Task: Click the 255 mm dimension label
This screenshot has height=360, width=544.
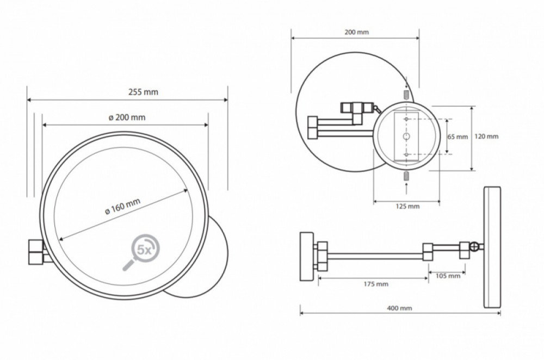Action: point(143,92)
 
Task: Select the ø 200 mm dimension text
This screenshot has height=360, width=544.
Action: point(127,117)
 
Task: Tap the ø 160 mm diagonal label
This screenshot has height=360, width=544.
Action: point(123,206)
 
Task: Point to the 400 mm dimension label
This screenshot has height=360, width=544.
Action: point(399,308)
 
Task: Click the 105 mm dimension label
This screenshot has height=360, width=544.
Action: point(448,276)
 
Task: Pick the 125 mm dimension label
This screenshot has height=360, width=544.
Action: point(407,206)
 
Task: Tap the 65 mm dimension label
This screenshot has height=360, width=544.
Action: point(458,136)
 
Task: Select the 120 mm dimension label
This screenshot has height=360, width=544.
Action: point(486,136)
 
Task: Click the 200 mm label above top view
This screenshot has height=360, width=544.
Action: point(357,32)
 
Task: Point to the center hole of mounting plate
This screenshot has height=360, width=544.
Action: point(406,136)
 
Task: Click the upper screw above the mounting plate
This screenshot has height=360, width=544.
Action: point(406,94)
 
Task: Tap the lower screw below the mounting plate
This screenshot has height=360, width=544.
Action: point(406,177)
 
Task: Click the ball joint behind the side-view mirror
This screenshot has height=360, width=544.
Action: point(474,246)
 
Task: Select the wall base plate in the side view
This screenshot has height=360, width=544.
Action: point(306,256)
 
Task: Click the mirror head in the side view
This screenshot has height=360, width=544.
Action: point(492,247)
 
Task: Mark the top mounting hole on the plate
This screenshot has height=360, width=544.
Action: point(406,119)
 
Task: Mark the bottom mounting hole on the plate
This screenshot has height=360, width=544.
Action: point(406,154)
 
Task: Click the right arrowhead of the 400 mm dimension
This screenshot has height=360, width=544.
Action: point(499,313)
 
